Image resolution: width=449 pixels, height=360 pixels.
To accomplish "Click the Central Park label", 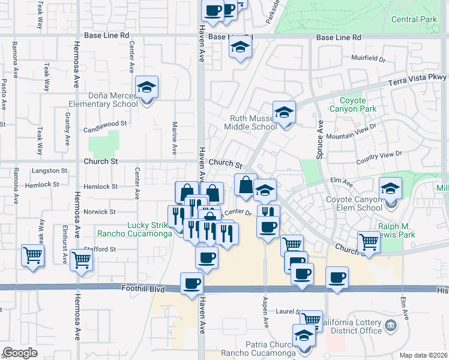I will point(414,19).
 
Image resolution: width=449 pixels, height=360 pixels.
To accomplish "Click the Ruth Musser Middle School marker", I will point(284,112).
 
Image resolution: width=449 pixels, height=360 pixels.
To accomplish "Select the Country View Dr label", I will point(379,158).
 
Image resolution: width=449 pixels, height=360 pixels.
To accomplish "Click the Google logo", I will point(20,352).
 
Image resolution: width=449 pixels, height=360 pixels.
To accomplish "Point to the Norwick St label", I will point(99,212).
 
